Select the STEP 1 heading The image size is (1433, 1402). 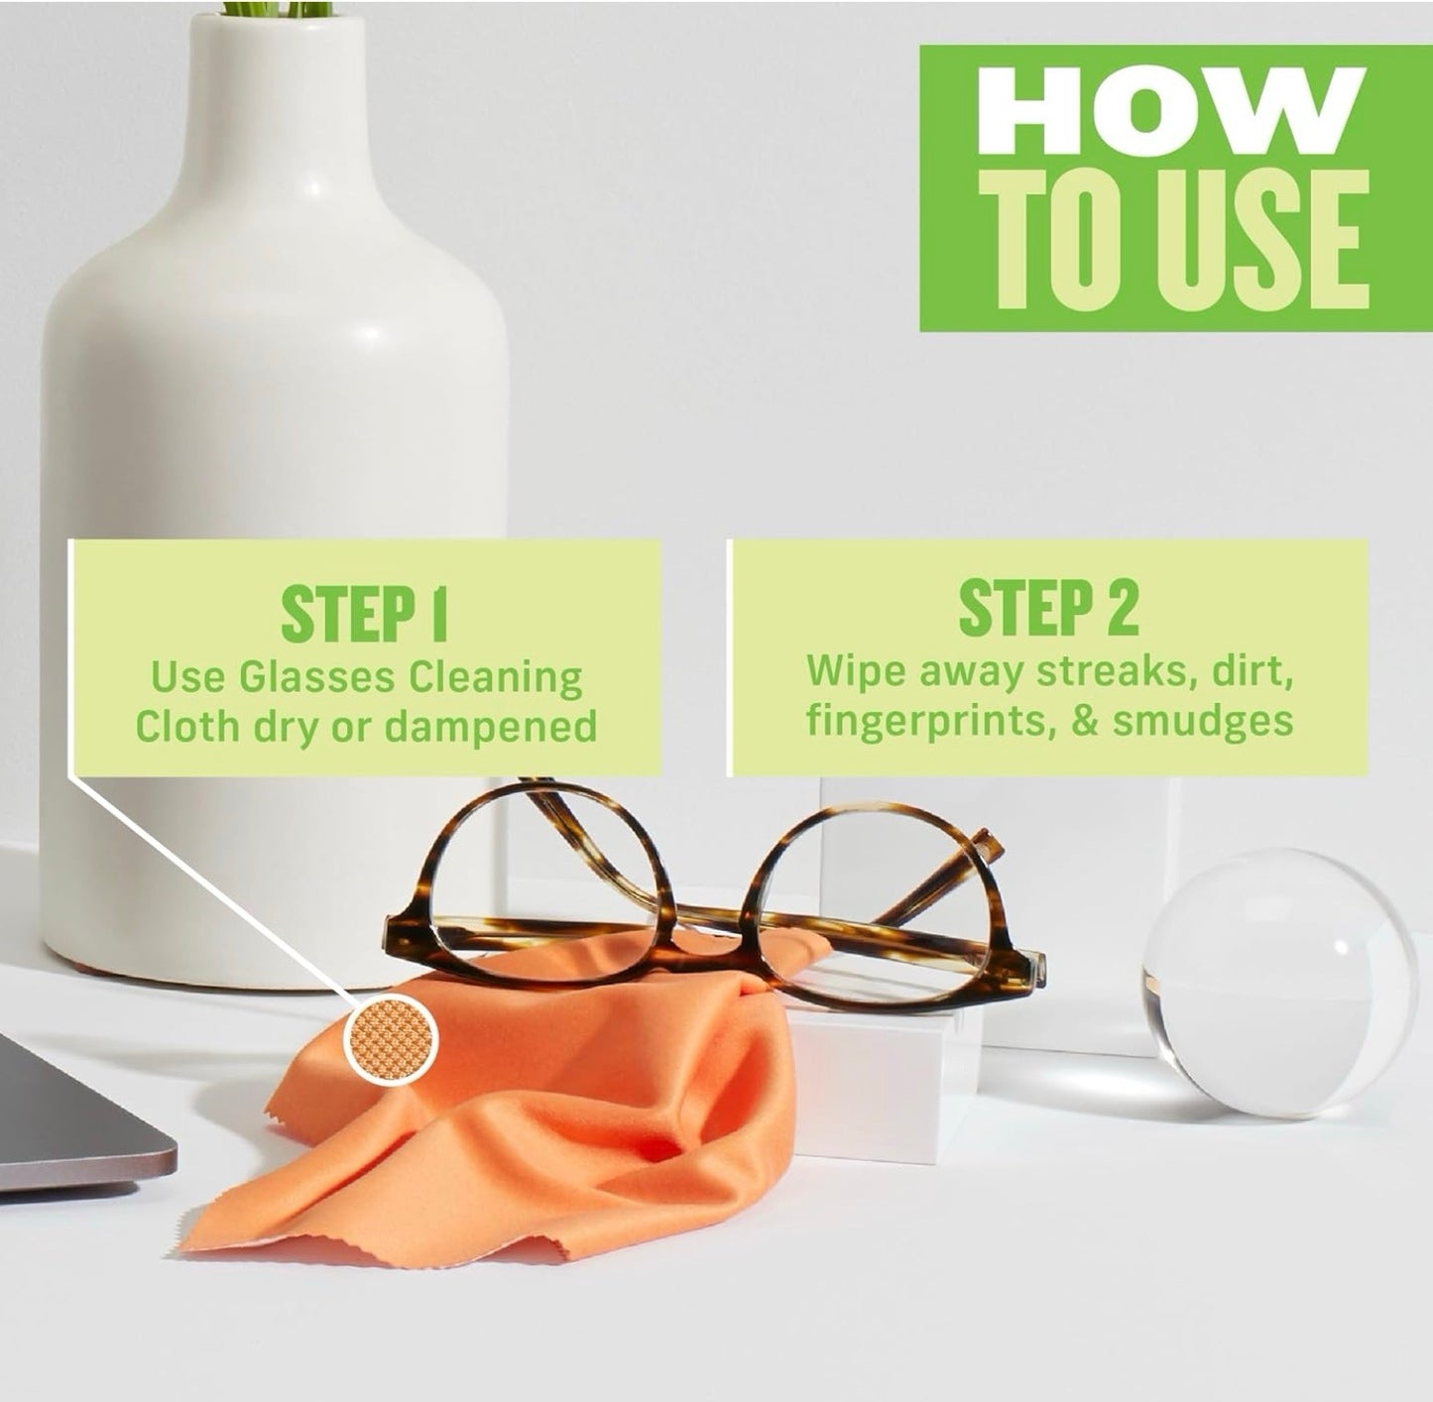point(365,614)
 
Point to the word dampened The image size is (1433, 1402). point(491,728)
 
